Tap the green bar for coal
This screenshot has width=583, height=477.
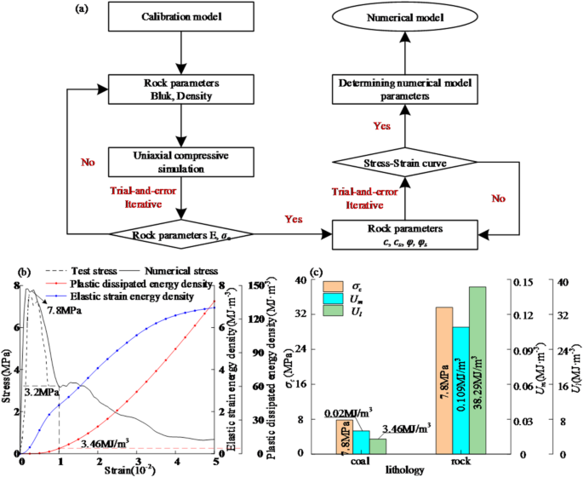coord(378,445)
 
